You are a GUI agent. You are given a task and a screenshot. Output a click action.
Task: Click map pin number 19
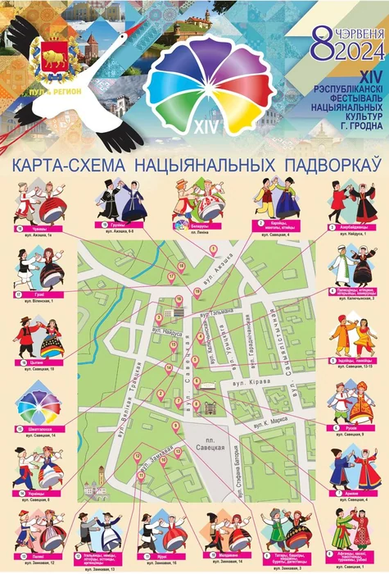(197, 292)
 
